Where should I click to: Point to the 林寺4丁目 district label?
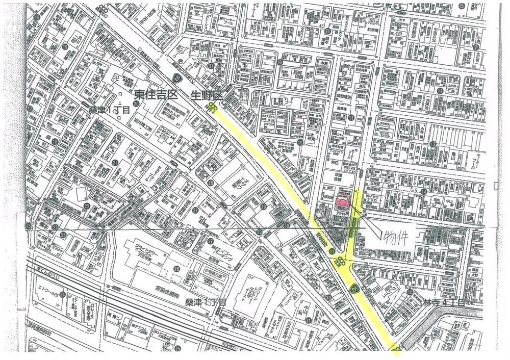click(x=444, y=302)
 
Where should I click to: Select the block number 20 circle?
click(x=136, y=103)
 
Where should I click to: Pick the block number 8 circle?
click(x=327, y=31)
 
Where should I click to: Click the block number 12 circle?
click(x=439, y=91)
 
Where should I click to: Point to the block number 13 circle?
click(x=432, y=144)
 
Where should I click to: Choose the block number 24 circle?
click(x=62, y=294)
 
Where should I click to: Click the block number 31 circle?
click(x=309, y=320)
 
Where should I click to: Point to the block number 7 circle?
click(x=475, y=47)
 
